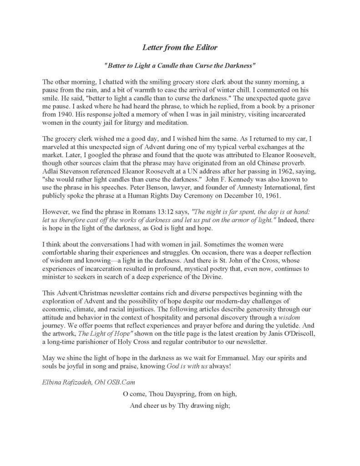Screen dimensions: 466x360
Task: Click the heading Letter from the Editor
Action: click(180, 47)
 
